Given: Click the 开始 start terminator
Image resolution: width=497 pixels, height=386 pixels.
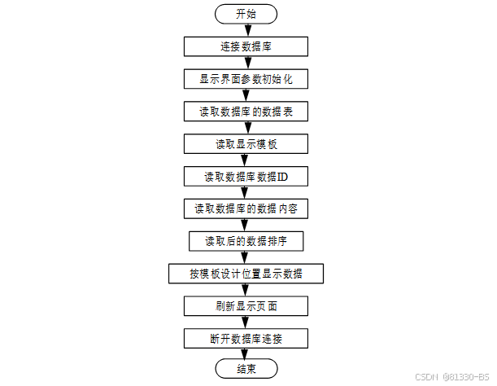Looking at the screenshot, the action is point(246,14).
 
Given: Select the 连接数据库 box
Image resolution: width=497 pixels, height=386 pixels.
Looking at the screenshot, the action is point(246,46).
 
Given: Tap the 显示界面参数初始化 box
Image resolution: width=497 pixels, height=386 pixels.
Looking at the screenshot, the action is point(246,79).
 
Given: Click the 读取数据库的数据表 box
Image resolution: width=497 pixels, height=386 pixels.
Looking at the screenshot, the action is point(246,112).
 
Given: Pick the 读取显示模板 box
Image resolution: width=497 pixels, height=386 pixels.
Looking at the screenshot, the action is point(246,144).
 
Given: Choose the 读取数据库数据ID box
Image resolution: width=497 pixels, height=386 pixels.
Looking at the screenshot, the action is point(246,176).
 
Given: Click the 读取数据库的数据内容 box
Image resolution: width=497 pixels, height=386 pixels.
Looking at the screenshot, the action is point(246,208).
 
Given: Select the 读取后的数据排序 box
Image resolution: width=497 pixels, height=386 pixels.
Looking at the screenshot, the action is point(246,241).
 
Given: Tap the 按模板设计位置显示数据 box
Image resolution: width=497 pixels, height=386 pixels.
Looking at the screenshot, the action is point(246,274).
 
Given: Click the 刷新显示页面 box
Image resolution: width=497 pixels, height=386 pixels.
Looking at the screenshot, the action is point(246,306).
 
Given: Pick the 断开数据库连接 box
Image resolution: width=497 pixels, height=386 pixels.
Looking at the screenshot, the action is point(246,338).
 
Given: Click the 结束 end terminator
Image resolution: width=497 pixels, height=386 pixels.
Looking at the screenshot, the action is point(246,370).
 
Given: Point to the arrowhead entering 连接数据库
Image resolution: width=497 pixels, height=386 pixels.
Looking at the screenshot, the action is point(246,32).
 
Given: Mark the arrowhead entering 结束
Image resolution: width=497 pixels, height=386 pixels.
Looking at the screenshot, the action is point(246,355).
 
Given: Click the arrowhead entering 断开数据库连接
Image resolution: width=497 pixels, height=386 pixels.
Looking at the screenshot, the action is point(246,323).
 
